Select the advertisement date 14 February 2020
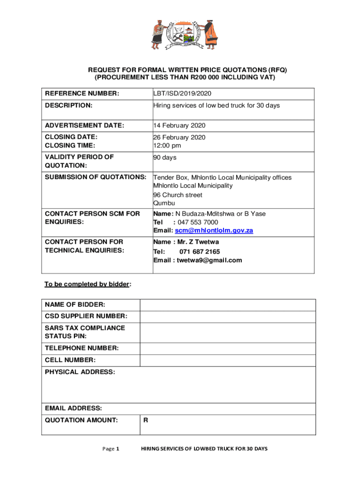pyautogui.click(x=180, y=125)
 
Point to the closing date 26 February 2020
pyautogui.click(x=180, y=137)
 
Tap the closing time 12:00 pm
pyautogui.click(x=167, y=145)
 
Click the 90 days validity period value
pyautogui.click(x=165, y=158)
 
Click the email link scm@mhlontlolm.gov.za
pyautogui.click(x=214, y=231)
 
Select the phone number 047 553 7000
pyautogui.click(x=198, y=222)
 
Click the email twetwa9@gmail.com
pyautogui.click(x=209, y=260)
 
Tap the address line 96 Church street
pyautogui.click(x=178, y=195)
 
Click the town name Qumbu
pyautogui.click(x=164, y=203)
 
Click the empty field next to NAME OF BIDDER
pyautogui.click(x=228, y=305)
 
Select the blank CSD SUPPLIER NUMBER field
pyautogui.click(x=228, y=317)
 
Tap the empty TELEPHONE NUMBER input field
pyautogui.click(x=228, y=348)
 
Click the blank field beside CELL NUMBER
pyautogui.click(x=228, y=360)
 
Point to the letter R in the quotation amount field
pyautogui.click(x=146, y=420)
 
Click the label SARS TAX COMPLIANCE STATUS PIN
pyautogui.click(x=85, y=332)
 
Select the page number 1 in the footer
pyautogui.click(x=118, y=449)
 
